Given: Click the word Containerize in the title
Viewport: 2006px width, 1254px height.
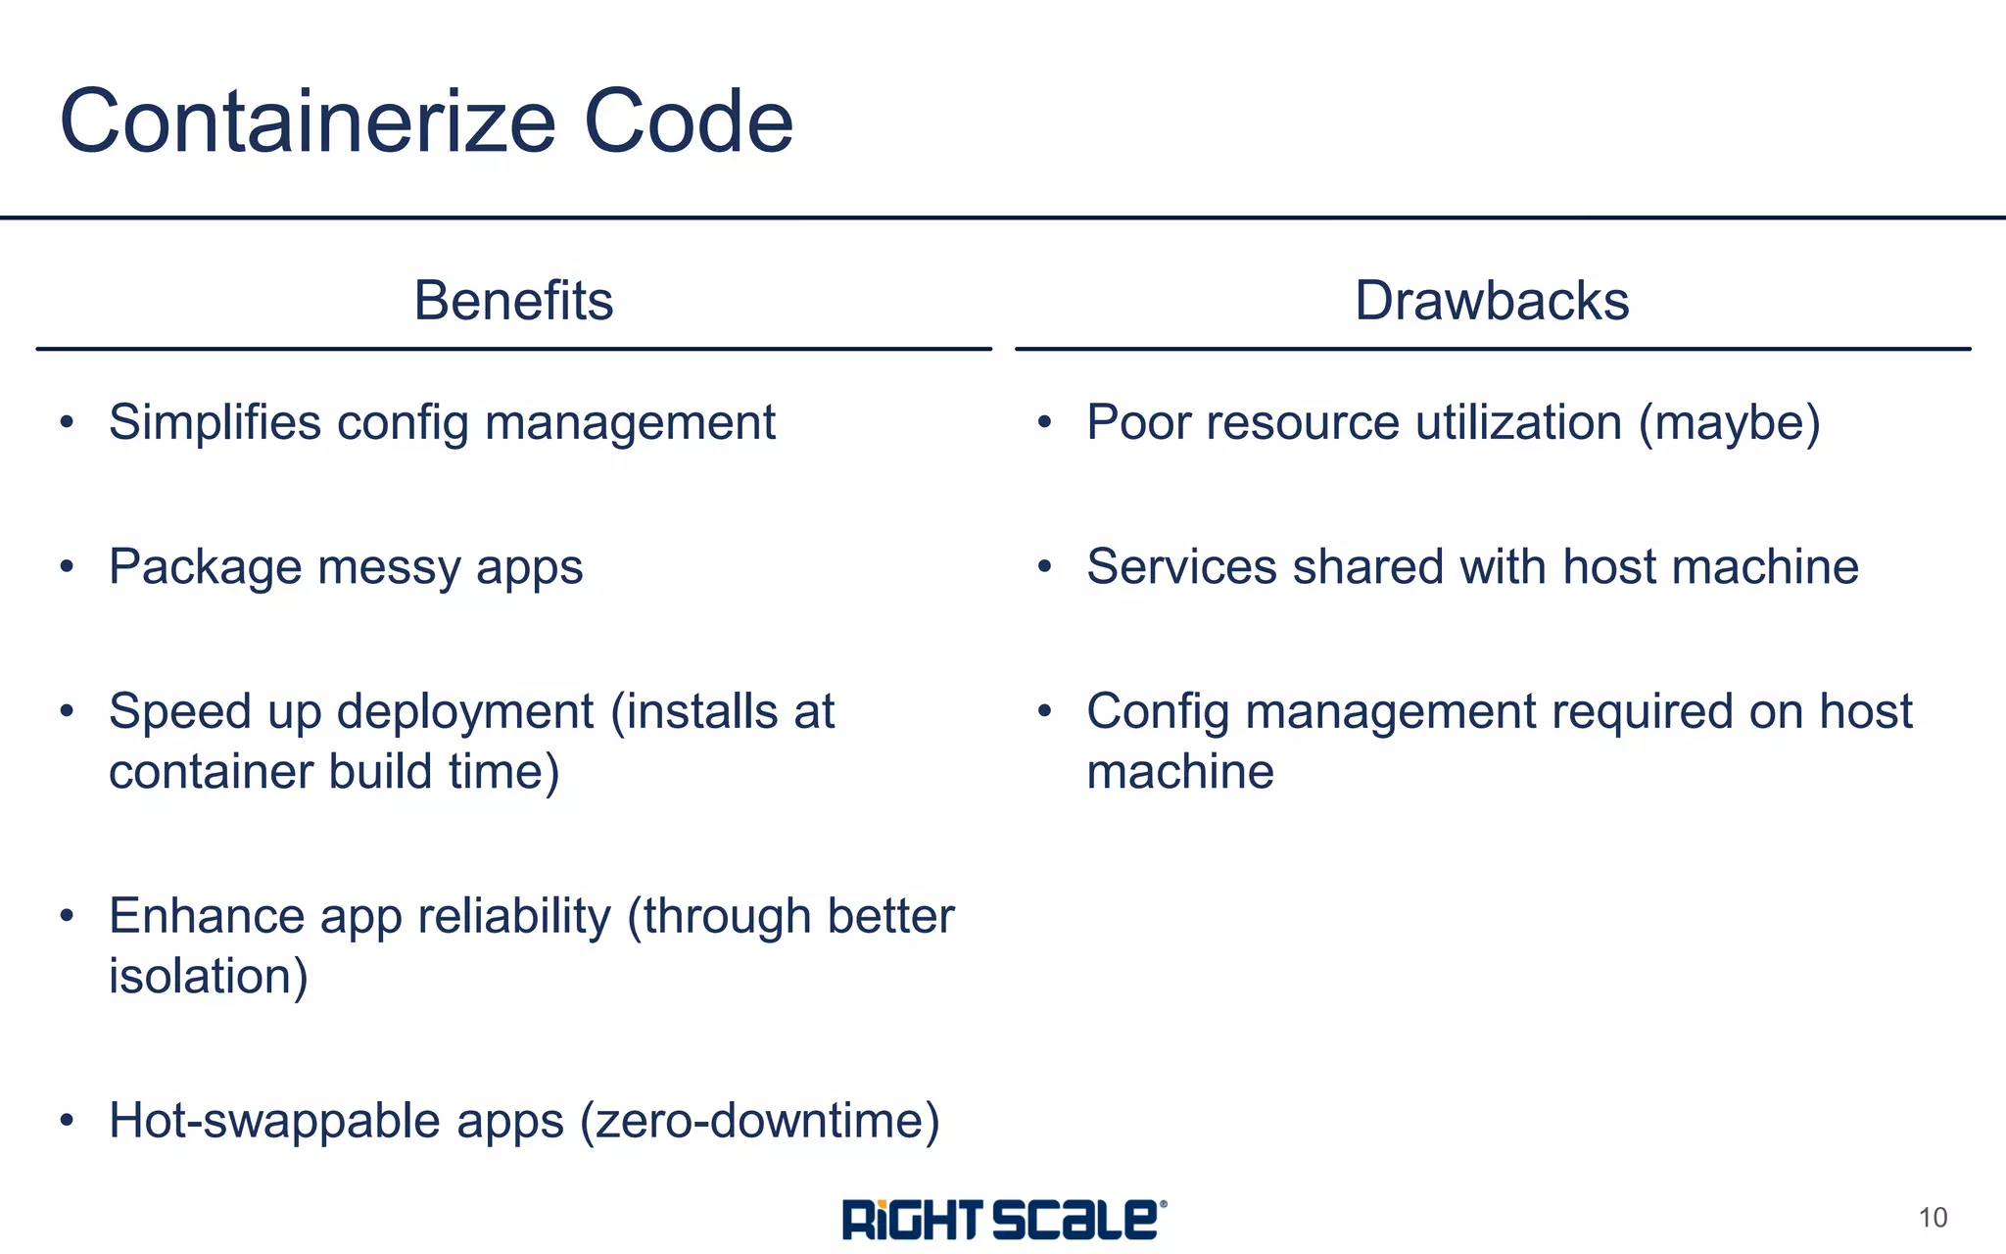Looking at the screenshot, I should (x=308, y=121).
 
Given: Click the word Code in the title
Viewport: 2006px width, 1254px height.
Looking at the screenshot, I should (x=688, y=121).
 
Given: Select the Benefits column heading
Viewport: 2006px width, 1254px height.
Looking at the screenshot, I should (x=513, y=300).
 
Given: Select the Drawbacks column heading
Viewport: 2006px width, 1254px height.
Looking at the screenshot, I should (x=1492, y=300).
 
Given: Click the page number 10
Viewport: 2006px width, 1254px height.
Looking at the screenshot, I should (x=1933, y=1218).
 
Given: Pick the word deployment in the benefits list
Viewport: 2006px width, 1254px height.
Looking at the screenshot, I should (x=465, y=712).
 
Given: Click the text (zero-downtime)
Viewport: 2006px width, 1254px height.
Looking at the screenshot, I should (x=760, y=1121).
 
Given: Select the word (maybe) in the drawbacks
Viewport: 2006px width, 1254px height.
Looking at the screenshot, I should (x=1730, y=423).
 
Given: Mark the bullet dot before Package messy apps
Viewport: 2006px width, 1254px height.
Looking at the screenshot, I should (x=67, y=566).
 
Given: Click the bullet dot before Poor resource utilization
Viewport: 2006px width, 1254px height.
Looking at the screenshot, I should (x=1044, y=422).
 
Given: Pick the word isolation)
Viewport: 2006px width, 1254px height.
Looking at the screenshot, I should (x=209, y=977).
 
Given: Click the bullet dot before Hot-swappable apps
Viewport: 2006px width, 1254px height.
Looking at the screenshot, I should (x=67, y=1120).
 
